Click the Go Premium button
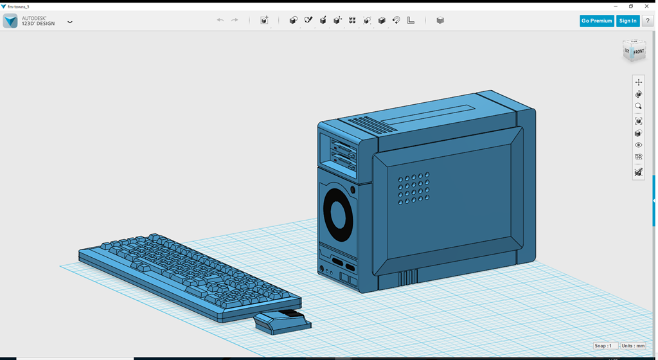click(x=596, y=21)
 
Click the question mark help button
click(x=648, y=21)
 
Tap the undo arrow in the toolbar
click(x=220, y=21)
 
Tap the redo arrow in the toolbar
click(x=235, y=21)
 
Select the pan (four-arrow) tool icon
click(x=638, y=82)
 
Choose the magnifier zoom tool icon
click(x=638, y=106)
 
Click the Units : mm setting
click(x=633, y=346)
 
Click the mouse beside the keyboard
click(x=283, y=321)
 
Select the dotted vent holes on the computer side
click(x=414, y=188)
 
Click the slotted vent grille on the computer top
click(x=369, y=123)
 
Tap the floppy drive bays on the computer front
click(x=343, y=154)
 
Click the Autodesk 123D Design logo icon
click(x=10, y=21)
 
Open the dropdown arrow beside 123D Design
click(x=70, y=22)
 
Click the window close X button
click(x=646, y=6)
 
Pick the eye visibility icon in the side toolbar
click(x=638, y=145)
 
